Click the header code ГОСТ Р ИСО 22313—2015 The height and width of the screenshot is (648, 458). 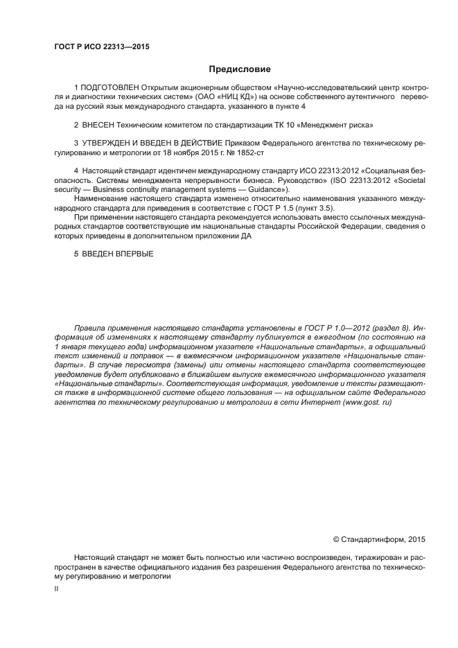101,47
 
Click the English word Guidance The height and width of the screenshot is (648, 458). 265,189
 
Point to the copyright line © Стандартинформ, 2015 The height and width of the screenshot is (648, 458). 379,539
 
